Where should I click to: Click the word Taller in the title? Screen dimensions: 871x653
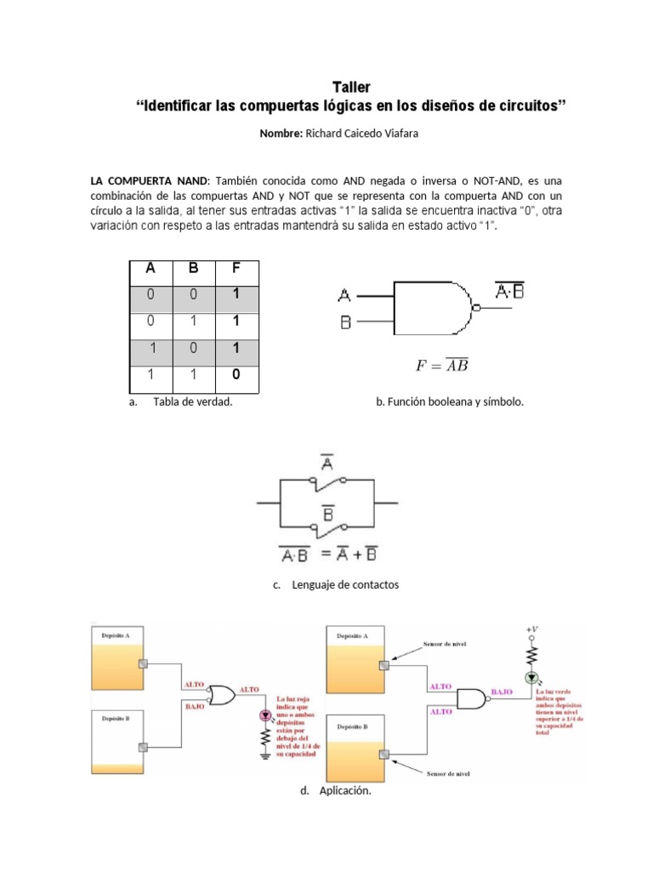click(350, 87)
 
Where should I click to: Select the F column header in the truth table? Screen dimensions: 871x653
click(236, 269)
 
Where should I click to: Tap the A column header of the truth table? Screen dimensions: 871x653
click(150, 269)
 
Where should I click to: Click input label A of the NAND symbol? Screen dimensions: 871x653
click(344, 295)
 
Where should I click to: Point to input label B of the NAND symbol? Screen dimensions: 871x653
click(344, 322)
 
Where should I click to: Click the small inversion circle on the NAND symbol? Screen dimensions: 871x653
click(477, 308)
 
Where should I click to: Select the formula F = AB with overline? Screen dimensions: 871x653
click(442, 367)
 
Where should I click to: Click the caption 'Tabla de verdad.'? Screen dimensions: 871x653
click(192, 401)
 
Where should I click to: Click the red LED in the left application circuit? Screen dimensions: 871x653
click(264, 714)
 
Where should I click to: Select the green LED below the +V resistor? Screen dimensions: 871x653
click(532, 678)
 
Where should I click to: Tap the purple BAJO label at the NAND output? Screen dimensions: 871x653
click(503, 693)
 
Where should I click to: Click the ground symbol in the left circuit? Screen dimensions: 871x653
click(264, 756)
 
